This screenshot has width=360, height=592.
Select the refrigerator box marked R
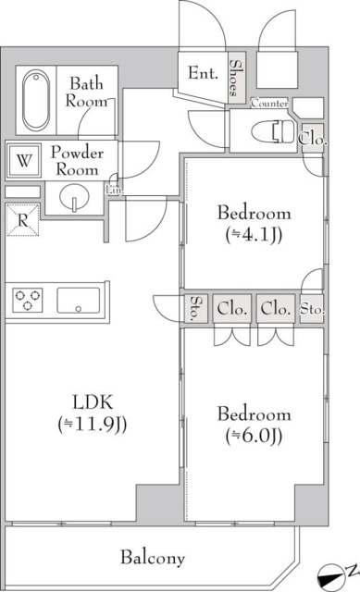(23, 220)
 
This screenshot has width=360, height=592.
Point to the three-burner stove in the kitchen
(29, 301)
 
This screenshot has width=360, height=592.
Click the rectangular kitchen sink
(79, 301)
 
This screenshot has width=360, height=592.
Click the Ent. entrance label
(203, 72)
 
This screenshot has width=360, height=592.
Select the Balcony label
(153, 558)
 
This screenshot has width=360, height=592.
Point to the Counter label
(269, 103)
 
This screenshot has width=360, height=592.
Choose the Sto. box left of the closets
(196, 309)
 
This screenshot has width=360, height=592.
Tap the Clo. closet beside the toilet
(312, 138)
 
